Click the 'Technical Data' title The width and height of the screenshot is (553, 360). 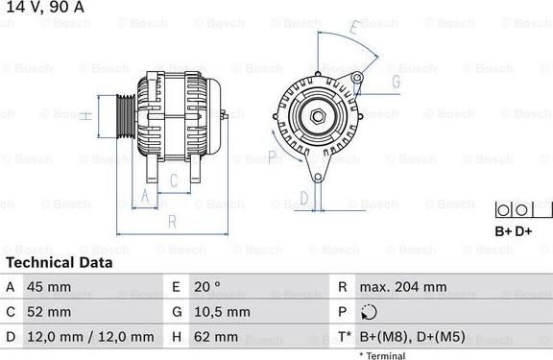59,262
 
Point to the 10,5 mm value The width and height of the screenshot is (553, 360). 223,312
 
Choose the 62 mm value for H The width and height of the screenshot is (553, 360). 217,337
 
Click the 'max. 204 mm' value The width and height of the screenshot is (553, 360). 402,287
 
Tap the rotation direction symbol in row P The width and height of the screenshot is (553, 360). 372,312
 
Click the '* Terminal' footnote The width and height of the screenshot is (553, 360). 382,355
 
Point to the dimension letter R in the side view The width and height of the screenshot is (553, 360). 171,221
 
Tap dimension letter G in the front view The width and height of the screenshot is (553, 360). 395,82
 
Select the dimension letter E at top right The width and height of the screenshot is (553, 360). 354,29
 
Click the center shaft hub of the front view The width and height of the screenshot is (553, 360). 317,116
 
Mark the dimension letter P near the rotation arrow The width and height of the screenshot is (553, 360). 272,156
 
